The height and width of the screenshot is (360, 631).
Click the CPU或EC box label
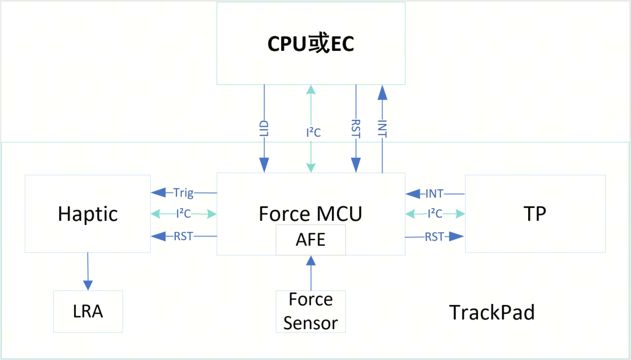coord(310,44)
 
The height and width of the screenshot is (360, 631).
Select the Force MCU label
coord(310,214)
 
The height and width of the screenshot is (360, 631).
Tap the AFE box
coord(310,240)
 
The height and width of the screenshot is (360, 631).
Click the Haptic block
coord(88,214)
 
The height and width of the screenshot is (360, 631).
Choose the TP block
coord(535,214)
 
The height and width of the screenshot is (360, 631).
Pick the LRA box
coord(88,311)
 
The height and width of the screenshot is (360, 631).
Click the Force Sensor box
coord(310,311)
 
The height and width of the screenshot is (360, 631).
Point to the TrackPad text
coord(492,313)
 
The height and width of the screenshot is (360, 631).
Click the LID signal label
coord(264,129)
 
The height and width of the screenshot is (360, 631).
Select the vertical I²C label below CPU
coord(313,133)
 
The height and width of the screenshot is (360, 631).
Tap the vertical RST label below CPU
coord(356,129)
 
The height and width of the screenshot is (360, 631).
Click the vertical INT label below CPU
coord(383,129)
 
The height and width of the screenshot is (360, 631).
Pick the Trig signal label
coord(183,192)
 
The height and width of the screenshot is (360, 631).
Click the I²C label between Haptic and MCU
coord(183,214)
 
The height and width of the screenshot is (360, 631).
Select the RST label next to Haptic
coord(183,236)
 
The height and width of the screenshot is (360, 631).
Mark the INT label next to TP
coord(435,193)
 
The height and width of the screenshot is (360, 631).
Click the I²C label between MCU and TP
coord(435,214)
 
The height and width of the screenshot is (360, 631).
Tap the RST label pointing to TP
coord(435,237)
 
